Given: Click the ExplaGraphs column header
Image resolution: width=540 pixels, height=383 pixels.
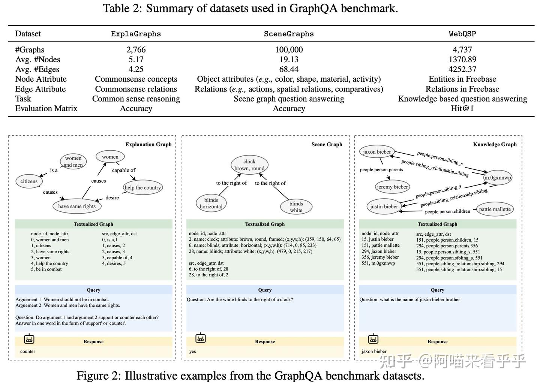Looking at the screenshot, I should coord(136,34).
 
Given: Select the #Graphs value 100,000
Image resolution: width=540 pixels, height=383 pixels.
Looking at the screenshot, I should coord(289,50).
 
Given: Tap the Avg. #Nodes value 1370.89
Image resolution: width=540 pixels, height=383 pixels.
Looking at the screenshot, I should coord(462,60).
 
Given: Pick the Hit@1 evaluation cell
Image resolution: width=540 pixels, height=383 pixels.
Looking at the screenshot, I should coord(462,108).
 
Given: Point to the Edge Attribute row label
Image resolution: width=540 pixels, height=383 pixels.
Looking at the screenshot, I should coord(40,89).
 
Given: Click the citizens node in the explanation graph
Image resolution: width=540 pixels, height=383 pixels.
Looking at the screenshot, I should coord(29,181).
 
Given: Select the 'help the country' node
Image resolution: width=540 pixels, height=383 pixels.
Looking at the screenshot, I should coord(142,188).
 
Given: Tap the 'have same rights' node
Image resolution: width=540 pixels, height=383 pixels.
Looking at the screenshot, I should coord(77,206).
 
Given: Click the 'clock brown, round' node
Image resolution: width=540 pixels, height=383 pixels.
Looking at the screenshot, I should coord(249,165).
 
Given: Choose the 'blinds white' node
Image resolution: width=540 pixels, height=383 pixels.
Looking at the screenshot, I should coord(296,207).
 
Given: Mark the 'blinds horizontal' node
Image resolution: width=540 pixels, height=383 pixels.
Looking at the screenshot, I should coord(211,203).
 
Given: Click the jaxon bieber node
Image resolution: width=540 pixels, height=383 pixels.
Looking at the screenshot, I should coord(377,152).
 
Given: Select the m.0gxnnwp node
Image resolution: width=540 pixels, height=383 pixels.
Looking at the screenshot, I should coord(497,178).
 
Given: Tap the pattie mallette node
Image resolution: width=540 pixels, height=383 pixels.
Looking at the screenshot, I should coord(495,209).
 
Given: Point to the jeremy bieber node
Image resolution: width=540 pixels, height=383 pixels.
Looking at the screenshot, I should coord(392,187).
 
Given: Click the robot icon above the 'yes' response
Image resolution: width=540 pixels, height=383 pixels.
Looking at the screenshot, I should coord(201,338).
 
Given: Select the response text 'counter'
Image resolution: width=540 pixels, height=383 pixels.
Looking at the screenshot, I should coord(28,352).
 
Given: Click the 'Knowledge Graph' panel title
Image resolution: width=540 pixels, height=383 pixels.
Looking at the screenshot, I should coord(495,145).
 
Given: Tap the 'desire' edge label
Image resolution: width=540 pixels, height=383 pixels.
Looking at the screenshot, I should coord(112,197).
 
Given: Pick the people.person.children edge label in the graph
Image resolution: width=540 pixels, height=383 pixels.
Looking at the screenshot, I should coord(447,212).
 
